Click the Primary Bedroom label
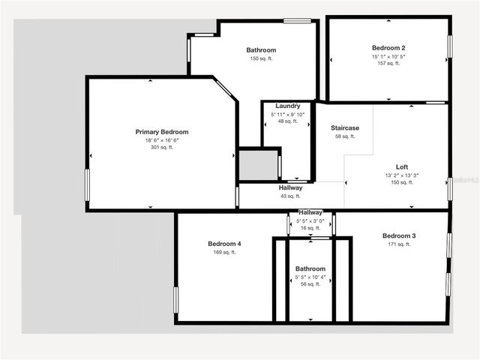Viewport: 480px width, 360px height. click(162, 132)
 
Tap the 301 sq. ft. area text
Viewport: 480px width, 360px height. click(162, 148)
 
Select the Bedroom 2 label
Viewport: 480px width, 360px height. click(388, 46)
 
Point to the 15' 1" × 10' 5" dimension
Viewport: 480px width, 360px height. click(388, 55)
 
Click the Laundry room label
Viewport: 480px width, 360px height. click(288, 106)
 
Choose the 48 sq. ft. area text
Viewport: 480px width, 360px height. click(288, 121)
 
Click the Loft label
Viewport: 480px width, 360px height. click(402, 166)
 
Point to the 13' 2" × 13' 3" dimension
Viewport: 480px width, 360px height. click(402, 175)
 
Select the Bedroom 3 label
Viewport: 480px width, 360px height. click(399, 235)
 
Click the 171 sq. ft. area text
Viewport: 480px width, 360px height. click(399, 244)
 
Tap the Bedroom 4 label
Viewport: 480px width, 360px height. click(224, 244)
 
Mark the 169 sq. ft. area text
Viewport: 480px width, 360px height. click(224, 253)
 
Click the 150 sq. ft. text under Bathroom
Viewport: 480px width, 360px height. click(261, 58)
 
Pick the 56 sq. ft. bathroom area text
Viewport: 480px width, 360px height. click(310, 285)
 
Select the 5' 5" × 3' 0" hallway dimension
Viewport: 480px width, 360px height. click(310, 221)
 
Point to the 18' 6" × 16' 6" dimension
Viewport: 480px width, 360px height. click(162, 140)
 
